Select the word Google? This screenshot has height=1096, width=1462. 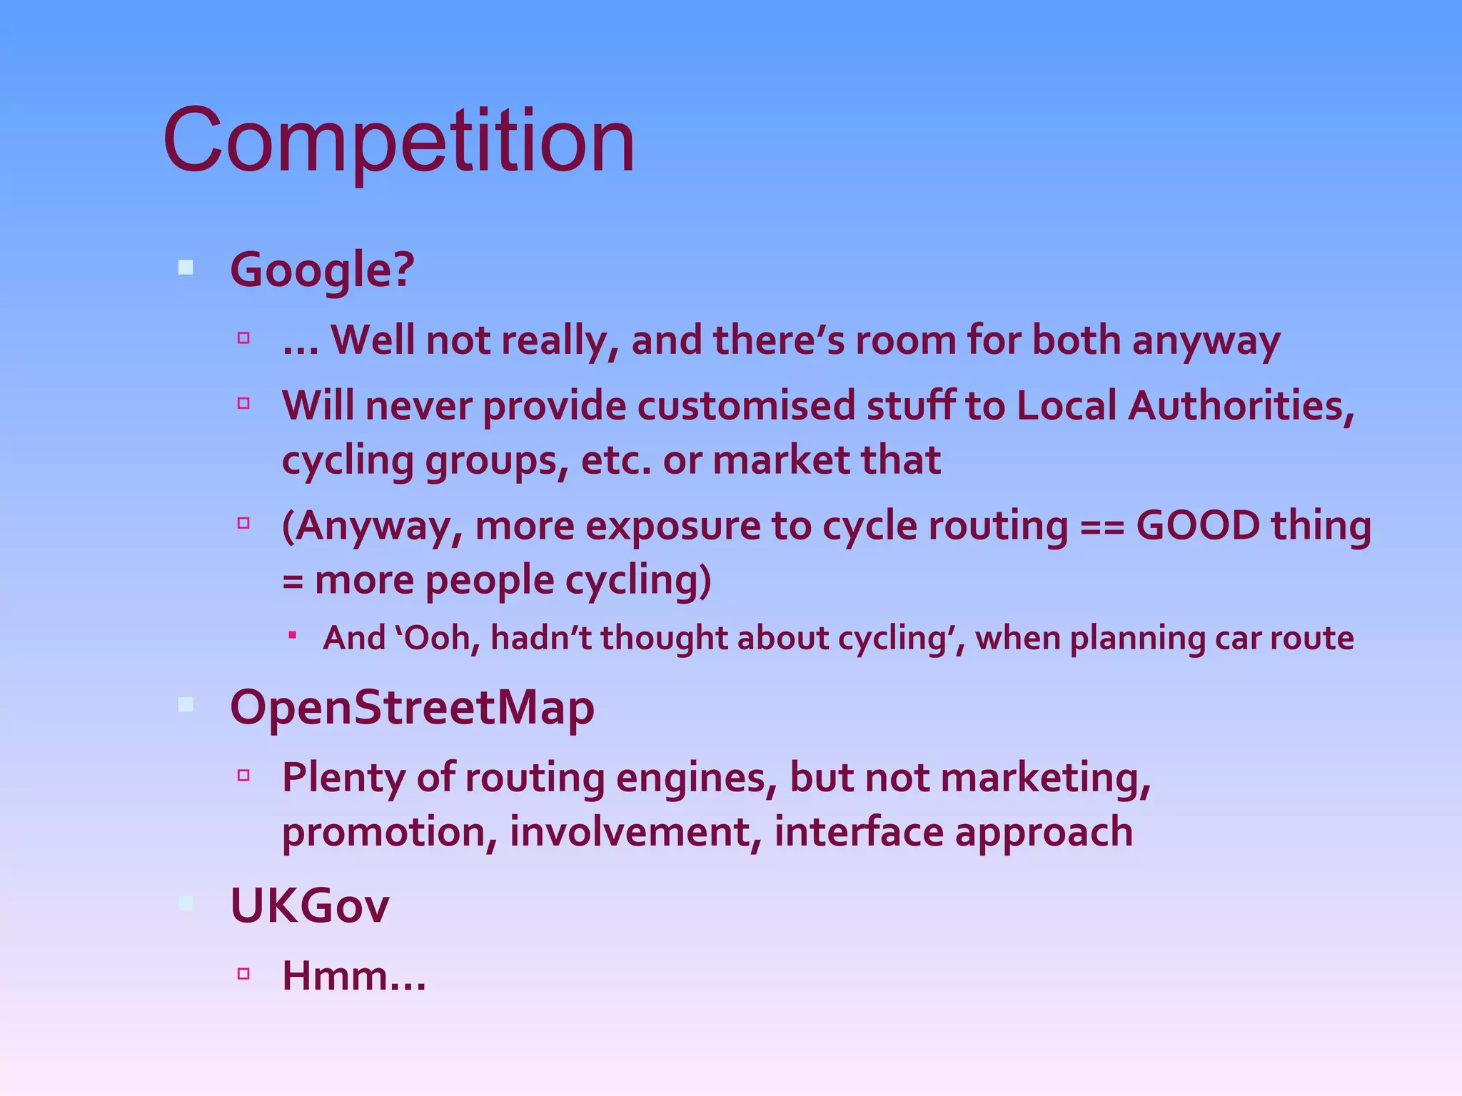[321, 270]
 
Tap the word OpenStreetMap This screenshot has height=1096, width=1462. [412, 708]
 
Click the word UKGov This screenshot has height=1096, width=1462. [309, 906]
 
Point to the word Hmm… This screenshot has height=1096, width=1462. [354, 976]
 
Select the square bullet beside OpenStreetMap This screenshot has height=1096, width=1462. [186, 705]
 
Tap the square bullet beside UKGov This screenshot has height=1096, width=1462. [186, 903]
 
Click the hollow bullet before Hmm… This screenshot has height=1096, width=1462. [243, 973]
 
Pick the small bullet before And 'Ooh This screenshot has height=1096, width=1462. [292, 634]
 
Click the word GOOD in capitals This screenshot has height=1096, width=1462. [1197, 526]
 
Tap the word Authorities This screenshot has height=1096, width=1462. [1241, 406]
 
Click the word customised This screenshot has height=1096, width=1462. [746, 406]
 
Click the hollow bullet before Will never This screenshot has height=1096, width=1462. [243, 403]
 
